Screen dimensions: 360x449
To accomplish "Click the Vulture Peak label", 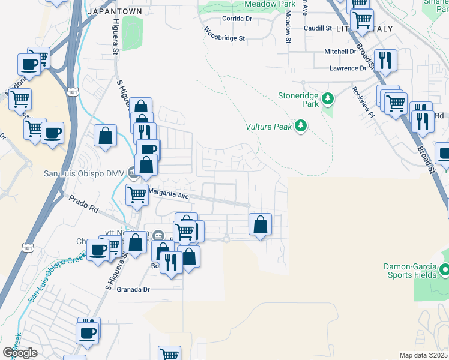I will click(x=268, y=127).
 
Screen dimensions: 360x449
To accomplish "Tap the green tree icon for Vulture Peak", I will click(x=301, y=126).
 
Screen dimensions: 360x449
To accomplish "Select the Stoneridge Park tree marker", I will click(x=327, y=98).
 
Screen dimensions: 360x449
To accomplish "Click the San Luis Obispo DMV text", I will click(x=83, y=174).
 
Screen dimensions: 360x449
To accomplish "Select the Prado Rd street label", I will click(x=83, y=205).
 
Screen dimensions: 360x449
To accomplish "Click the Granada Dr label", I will click(x=133, y=289).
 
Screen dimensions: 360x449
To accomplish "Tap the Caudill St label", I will click(x=318, y=28).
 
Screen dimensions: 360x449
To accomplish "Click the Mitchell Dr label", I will click(x=340, y=52).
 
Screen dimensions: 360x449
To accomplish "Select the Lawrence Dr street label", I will click(x=348, y=68).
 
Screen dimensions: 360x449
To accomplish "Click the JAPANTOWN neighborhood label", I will click(x=115, y=11).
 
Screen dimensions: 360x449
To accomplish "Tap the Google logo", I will click(x=20, y=352).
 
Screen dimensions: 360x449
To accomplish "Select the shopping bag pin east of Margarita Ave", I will click(x=260, y=225).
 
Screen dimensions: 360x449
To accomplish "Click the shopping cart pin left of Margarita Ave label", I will click(x=137, y=194).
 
